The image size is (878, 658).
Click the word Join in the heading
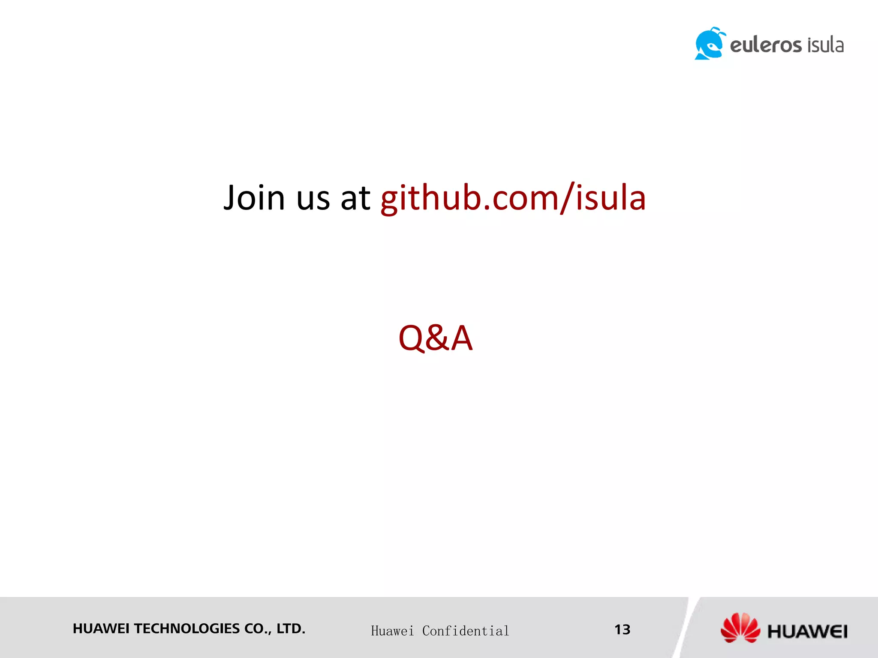254,198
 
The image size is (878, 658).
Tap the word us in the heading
313,199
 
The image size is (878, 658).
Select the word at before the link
355,199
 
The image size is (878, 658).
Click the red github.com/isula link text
513,198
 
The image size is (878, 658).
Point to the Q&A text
435,338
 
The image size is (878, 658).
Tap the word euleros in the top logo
766,45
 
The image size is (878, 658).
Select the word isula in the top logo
825,45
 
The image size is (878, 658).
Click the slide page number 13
622,629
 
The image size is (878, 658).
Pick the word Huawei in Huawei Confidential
392,631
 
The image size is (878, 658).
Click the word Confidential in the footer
466,631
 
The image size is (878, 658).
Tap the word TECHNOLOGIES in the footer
187,628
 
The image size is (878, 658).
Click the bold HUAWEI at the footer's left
101,628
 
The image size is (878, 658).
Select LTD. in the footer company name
291,628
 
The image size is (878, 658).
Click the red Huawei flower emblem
740,628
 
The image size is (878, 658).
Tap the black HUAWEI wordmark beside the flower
807,631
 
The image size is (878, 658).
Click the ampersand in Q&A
437,338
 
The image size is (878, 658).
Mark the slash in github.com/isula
567,198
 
